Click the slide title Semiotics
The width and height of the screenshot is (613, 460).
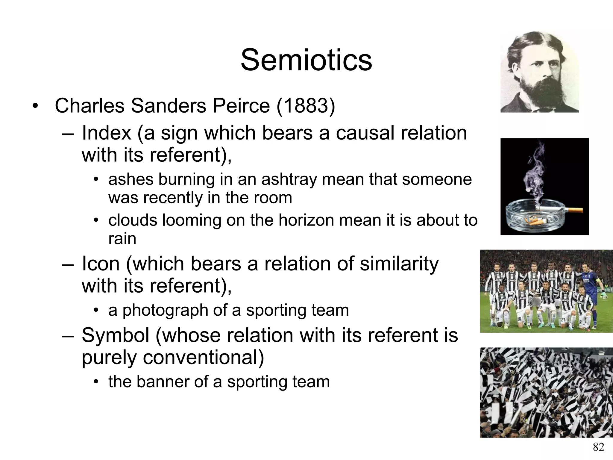point(306,60)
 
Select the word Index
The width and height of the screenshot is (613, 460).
point(106,133)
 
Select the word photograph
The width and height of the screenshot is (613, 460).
point(165,310)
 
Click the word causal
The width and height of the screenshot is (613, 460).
point(365,133)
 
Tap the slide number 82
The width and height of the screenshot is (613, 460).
point(598,447)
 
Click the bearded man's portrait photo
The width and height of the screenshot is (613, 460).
point(540,72)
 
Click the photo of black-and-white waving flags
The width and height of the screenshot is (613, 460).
point(546,392)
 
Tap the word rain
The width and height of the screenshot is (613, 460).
point(122,239)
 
